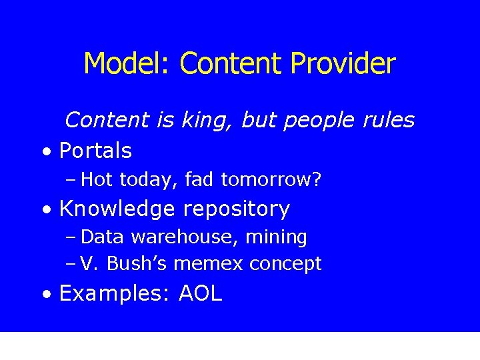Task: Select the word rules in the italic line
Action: pos(388,121)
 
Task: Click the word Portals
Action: pos(95,151)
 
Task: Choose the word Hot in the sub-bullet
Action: pos(97,180)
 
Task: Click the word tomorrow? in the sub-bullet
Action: pos(271,180)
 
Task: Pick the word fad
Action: pos(199,180)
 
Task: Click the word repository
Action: pos(236,209)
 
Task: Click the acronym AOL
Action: pos(200,294)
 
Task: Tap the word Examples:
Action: pos(116,294)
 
